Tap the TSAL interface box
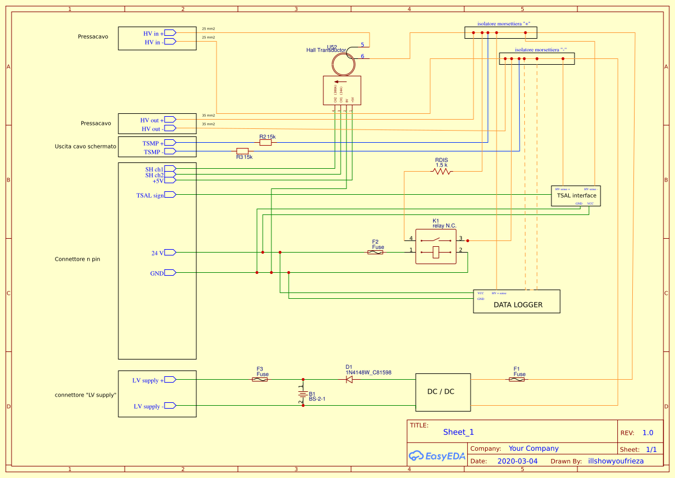tap(576, 196)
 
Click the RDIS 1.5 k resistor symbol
tap(442, 172)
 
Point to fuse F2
tap(375, 252)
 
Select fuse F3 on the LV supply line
tap(260, 379)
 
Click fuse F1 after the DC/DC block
tap(517, 379)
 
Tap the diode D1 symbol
tap(349, 379)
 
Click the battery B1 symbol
tap(301, 394)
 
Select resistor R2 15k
tap(266, 142)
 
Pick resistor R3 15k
tap(243, 151)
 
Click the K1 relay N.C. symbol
tap(436, 246)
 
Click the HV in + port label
tap(154, 34)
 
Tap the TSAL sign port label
tap(150, 195)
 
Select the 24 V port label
tap(157, 253)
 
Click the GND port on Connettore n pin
tap(157, 273)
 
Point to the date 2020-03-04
tap(517, 461)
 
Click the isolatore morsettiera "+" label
tap(504, 24)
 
